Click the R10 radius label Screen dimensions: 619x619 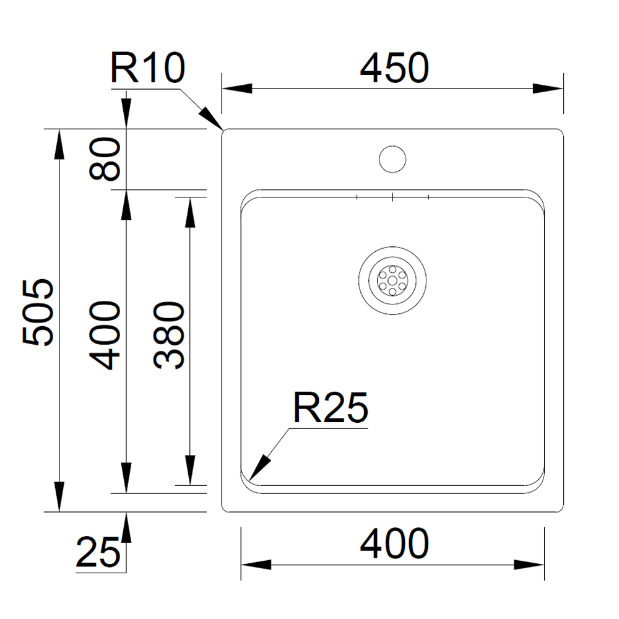pyautogui.click(x=148, y=68)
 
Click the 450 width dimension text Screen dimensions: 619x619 pyautogui.click(x=394, y=68)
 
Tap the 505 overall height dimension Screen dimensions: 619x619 pyautogui.click(x=38, y=312)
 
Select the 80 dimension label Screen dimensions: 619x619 pyautogui.click(x=105, y=158)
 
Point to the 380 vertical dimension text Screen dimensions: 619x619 pyautogui.click(x=169, y=335)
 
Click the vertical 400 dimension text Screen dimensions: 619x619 pyautogui.click(x=105, y=335)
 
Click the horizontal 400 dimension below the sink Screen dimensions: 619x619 pyautogui.click(x=394, y=544)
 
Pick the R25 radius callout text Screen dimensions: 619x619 pyautogui.click(x=331, y=408)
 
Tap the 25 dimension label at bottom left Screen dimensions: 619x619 pyautogui.click(x=98, y=552)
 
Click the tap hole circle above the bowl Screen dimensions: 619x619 pyautogui.click(x=392, y=159)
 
